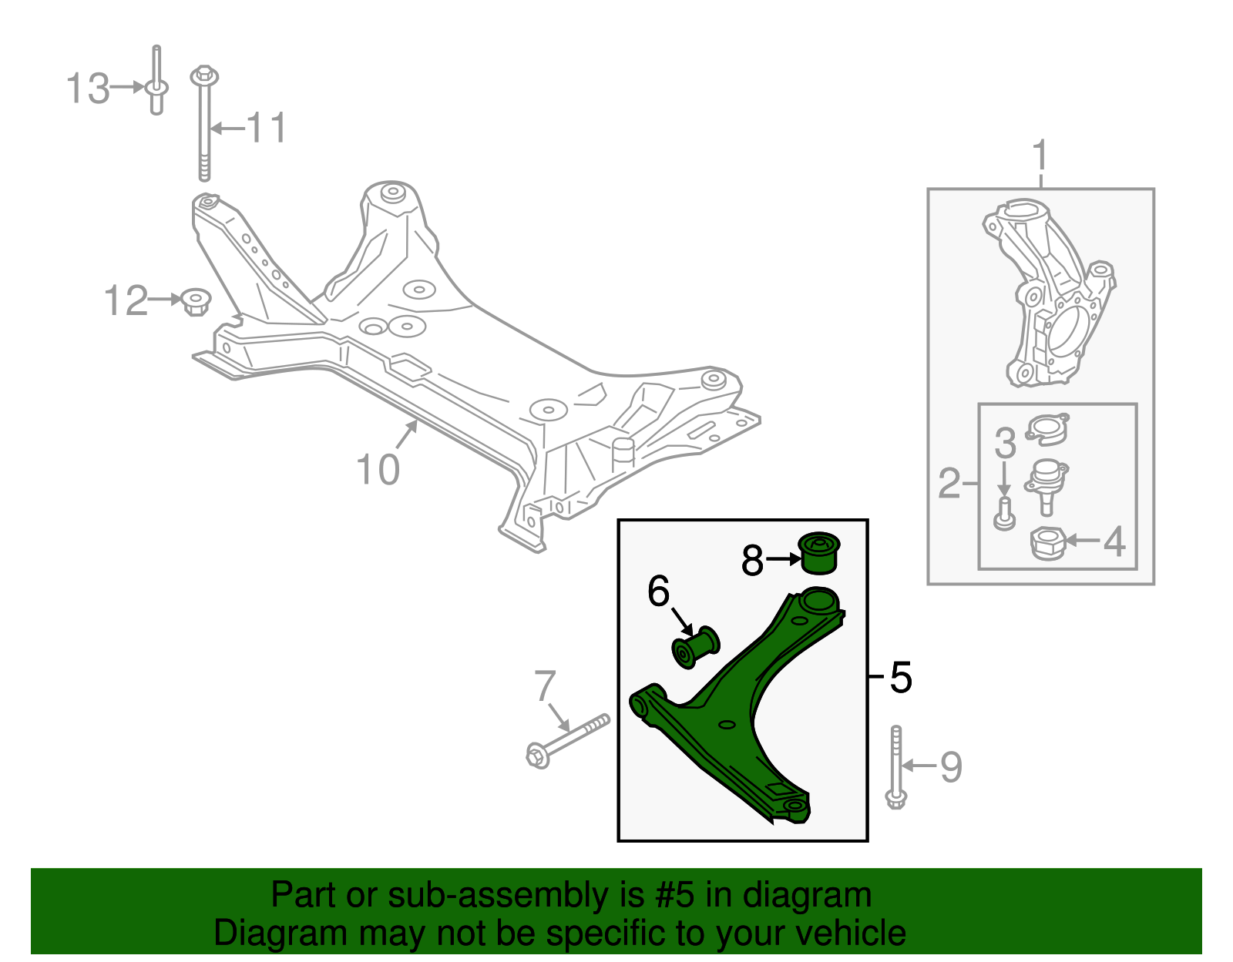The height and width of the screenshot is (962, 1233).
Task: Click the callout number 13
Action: pyautogui.click(x=87, y=89)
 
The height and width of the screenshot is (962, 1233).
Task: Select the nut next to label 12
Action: pyautogui.click(x=197, y=301)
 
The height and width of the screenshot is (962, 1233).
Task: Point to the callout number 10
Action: pyautogui.click(x=378, y=469)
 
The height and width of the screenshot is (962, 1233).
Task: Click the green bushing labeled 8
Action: pyautogui.click(x=819, y=552)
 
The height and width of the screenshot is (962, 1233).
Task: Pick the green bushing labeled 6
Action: pyautogui.click(x=695, y=648)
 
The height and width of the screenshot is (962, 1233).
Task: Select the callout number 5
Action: pyautogui.click(x=900, y=677)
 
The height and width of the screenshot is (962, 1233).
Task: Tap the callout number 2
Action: pyautogui.click(x=949, y=483)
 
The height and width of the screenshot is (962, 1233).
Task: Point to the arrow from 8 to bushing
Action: pyautogui.click(x=783, y=560)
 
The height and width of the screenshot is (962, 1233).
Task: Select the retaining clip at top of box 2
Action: pyautogui.click(x=1047, y=428)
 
